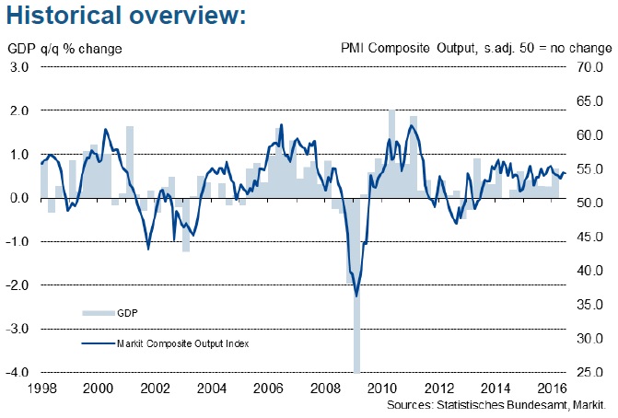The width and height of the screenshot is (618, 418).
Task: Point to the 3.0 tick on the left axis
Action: (x=19, y=66)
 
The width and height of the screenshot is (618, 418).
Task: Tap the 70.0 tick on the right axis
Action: (x=590, y=66)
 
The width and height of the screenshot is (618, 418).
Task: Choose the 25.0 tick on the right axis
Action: (x=590, y=373)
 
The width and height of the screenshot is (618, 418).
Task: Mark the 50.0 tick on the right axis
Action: (x=590, y=203)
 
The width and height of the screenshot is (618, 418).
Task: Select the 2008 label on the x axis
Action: (x=325, y=389)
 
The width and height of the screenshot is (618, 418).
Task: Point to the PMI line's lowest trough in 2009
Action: (x=356, y=296)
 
